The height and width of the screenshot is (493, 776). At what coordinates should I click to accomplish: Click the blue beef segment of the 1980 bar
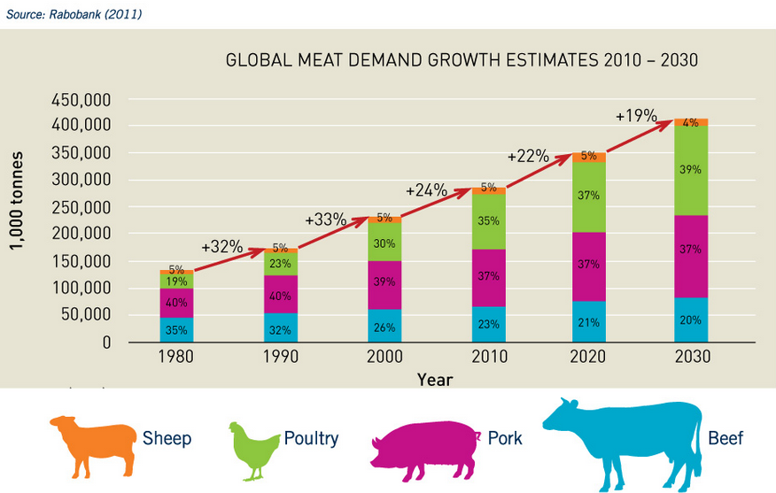175,329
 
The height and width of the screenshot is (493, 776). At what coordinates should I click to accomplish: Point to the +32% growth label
221,247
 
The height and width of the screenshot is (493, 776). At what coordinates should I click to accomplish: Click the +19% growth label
636,116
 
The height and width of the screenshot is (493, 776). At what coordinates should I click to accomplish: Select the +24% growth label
427,190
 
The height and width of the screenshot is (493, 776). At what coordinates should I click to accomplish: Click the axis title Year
435,379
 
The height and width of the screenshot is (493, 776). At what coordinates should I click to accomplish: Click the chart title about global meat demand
462,61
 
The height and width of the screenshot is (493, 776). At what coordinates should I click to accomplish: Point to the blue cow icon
619,439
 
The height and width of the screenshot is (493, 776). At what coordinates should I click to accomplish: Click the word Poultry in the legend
311,438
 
